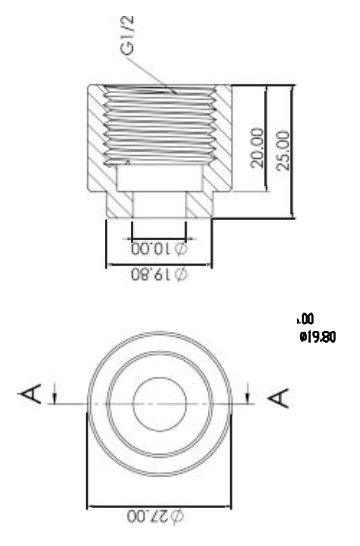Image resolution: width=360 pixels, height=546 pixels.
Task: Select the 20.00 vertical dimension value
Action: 257,148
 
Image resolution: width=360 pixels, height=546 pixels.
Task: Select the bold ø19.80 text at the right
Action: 318,337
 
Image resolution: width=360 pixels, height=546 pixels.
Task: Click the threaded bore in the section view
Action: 160,125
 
